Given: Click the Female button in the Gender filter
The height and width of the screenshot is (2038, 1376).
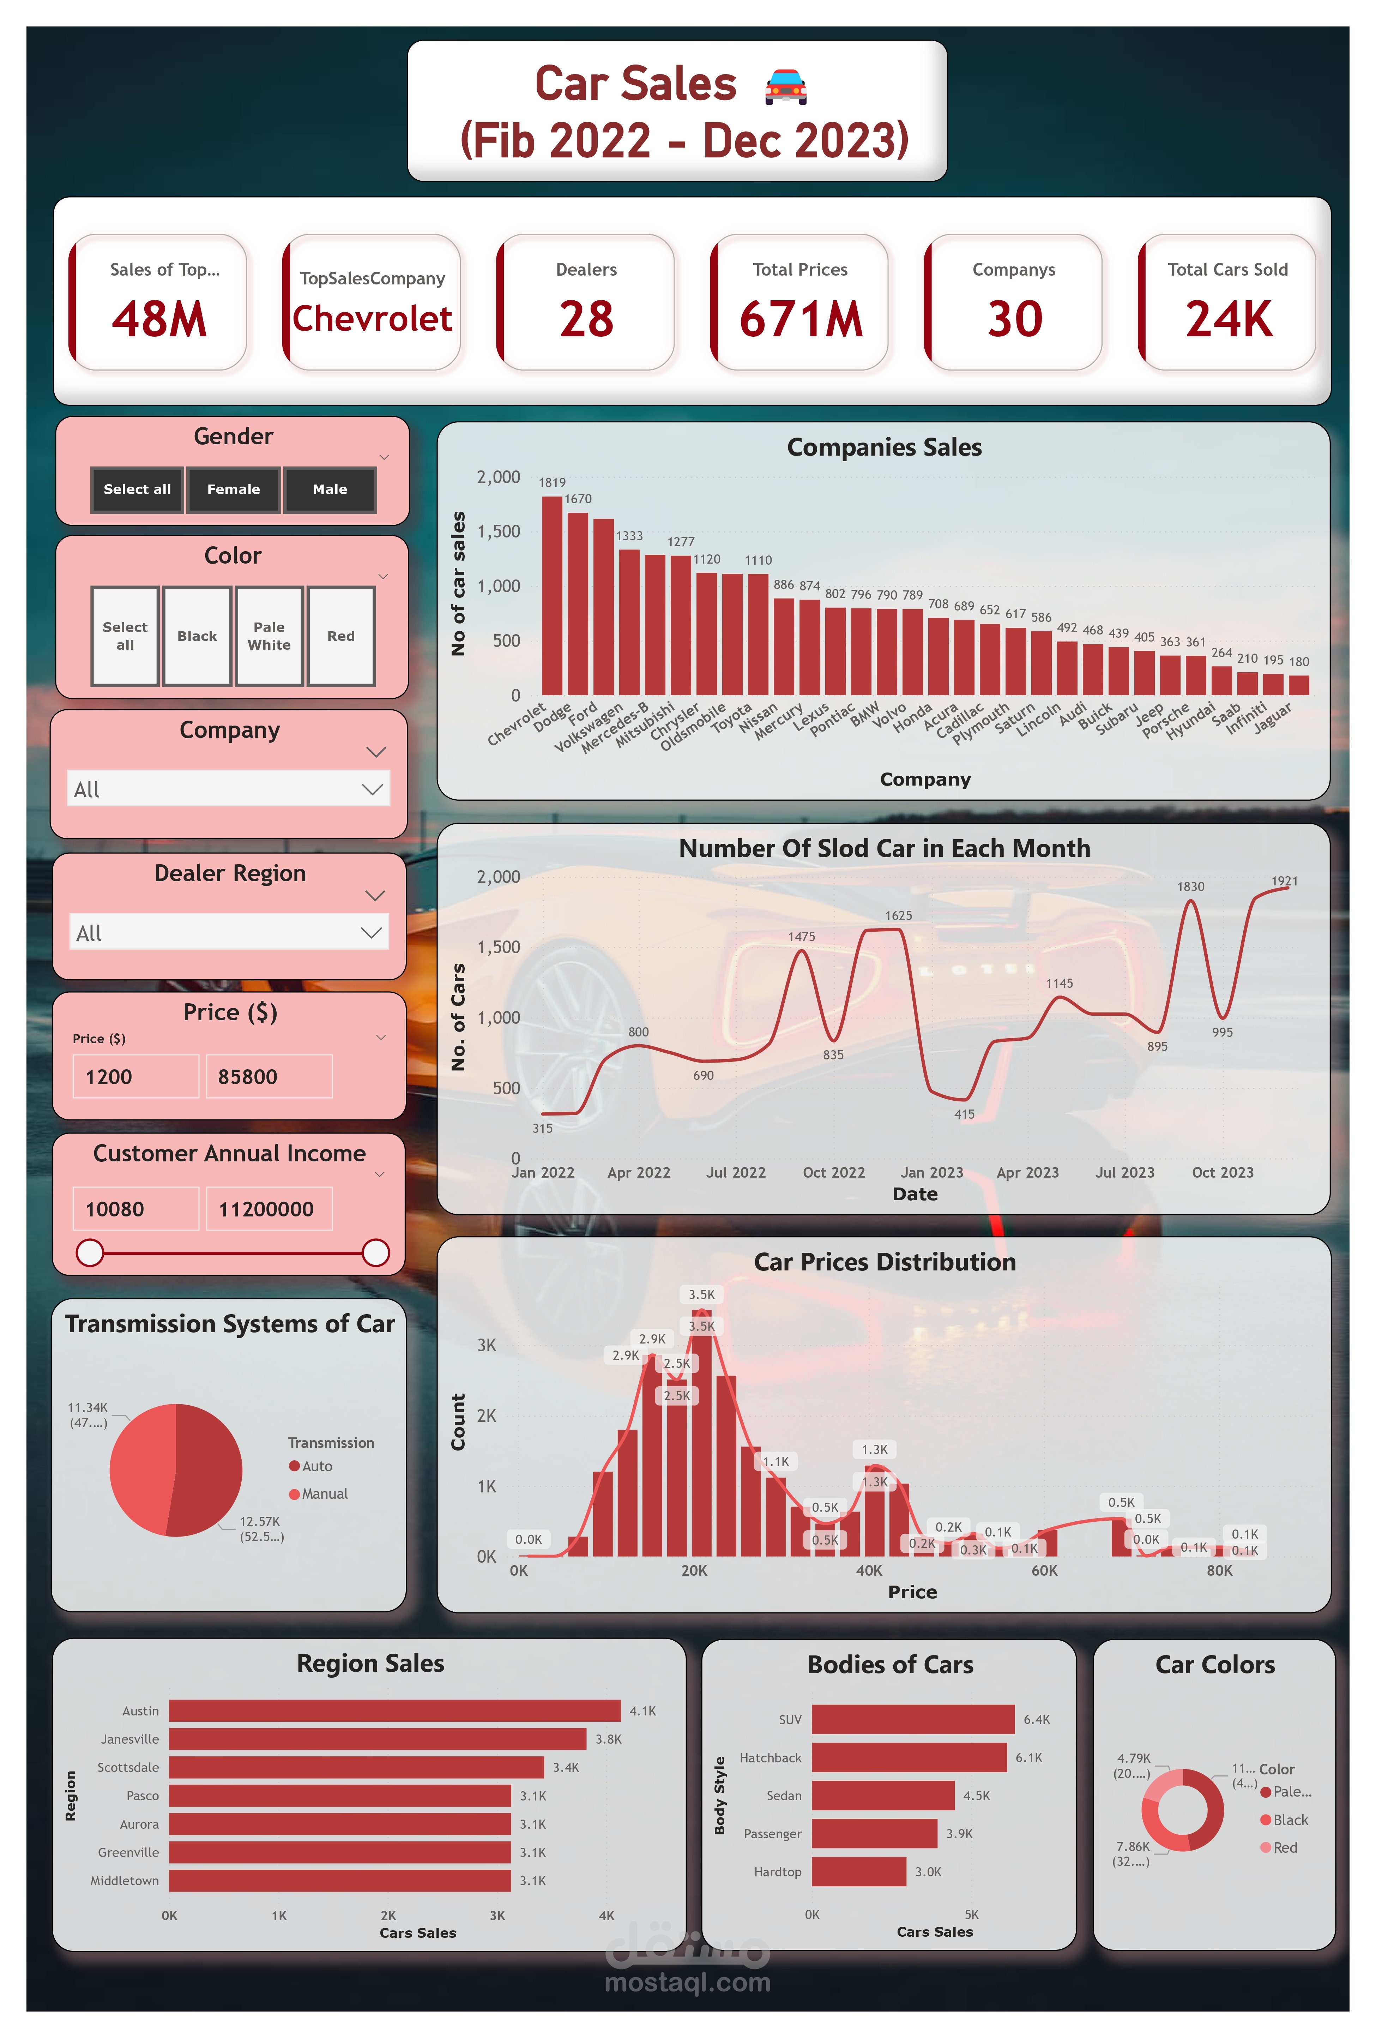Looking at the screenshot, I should point(233,489).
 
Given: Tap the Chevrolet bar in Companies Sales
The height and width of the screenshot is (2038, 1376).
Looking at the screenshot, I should point(551,596).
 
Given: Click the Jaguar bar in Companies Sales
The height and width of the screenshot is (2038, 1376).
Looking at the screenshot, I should point(1299,685).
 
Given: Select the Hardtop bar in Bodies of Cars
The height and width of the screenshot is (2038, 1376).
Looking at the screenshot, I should point(858,1871).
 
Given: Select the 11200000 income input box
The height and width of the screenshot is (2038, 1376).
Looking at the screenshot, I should point(268,1209).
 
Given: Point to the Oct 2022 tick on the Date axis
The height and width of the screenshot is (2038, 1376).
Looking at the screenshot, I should point(833,1172).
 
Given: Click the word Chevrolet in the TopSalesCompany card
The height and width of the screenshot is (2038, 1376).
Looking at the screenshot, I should point(372,318).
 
